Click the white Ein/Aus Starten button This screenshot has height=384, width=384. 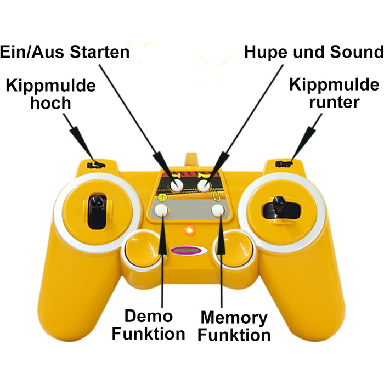176,186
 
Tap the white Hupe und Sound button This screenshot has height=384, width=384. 205,185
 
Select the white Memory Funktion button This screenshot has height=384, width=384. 218,210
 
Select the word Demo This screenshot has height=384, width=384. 148,317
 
